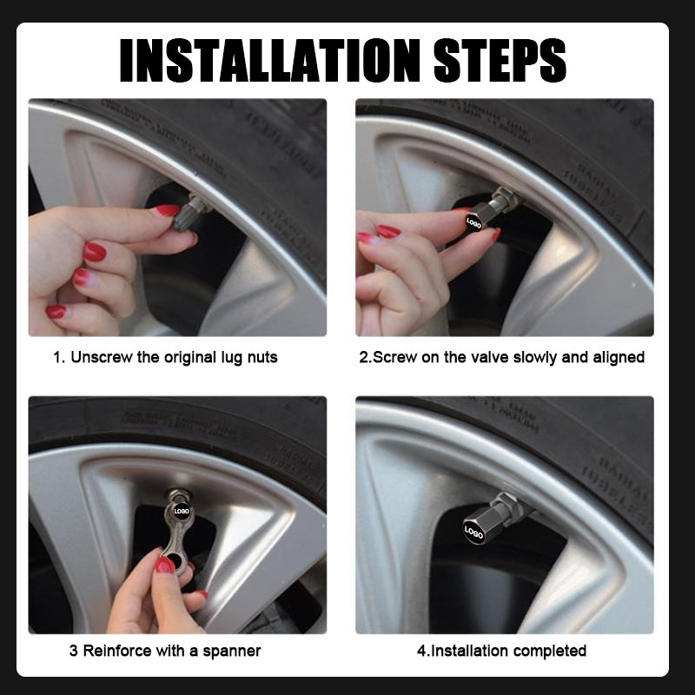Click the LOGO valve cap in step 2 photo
474,223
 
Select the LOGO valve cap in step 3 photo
182,512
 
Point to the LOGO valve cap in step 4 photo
474,531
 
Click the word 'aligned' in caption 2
617,357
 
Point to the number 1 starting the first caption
57,357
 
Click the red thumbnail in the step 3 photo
164,566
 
